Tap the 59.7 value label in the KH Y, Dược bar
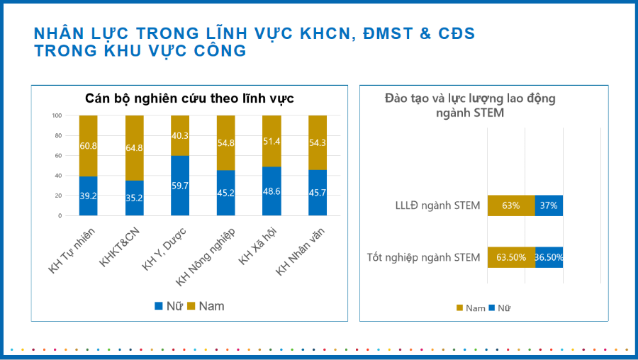click(x=179, y=185)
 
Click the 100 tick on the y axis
click(x=57, y=116)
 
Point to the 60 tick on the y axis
click(x=58, y=155)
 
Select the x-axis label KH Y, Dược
click(x=165, y=247)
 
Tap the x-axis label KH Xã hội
click(x=255, y=247)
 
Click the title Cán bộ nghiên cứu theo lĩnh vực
click(x=189, y=99)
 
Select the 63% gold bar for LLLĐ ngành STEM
click(x=510, y=206)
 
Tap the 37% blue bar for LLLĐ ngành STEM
click(x=549, y=206)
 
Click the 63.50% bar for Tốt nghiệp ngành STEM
click(x=510, y=257)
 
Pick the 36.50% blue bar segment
click(x=549, y=257)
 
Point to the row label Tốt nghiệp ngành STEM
click(x=423, y=257)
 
